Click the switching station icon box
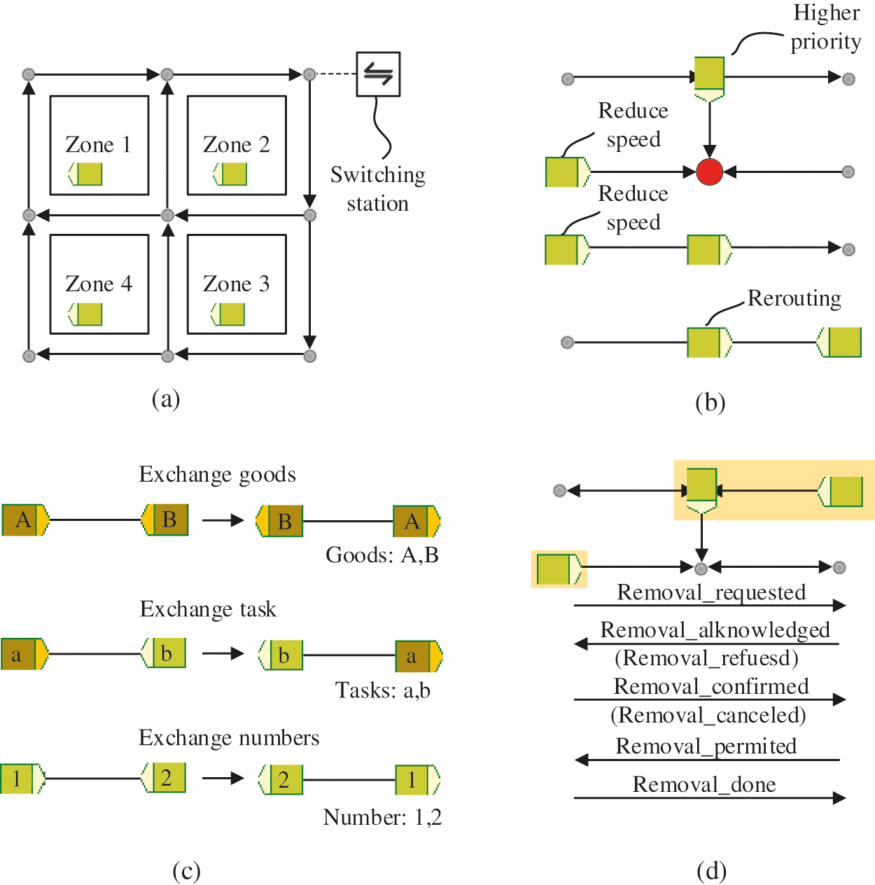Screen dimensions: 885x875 378,74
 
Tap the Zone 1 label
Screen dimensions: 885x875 98,145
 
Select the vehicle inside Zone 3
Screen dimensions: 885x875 228,314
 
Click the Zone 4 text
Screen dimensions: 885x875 98,284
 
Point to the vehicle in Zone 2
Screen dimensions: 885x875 230,174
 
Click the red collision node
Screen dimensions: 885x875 709,172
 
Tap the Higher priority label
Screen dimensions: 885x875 826,28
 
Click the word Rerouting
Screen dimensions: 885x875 794,299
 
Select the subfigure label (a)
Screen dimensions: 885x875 166,399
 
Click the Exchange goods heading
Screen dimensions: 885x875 217,475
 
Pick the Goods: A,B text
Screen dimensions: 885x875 382,555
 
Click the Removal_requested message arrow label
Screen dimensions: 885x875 711,593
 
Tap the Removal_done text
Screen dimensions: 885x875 704,785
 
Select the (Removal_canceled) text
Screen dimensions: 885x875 708,716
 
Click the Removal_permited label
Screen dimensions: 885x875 706,746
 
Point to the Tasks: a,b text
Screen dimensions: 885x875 382,690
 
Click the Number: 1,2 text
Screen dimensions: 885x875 382,817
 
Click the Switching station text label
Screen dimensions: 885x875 378,189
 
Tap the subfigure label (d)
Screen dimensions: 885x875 711,871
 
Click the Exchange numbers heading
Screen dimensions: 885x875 229,738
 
